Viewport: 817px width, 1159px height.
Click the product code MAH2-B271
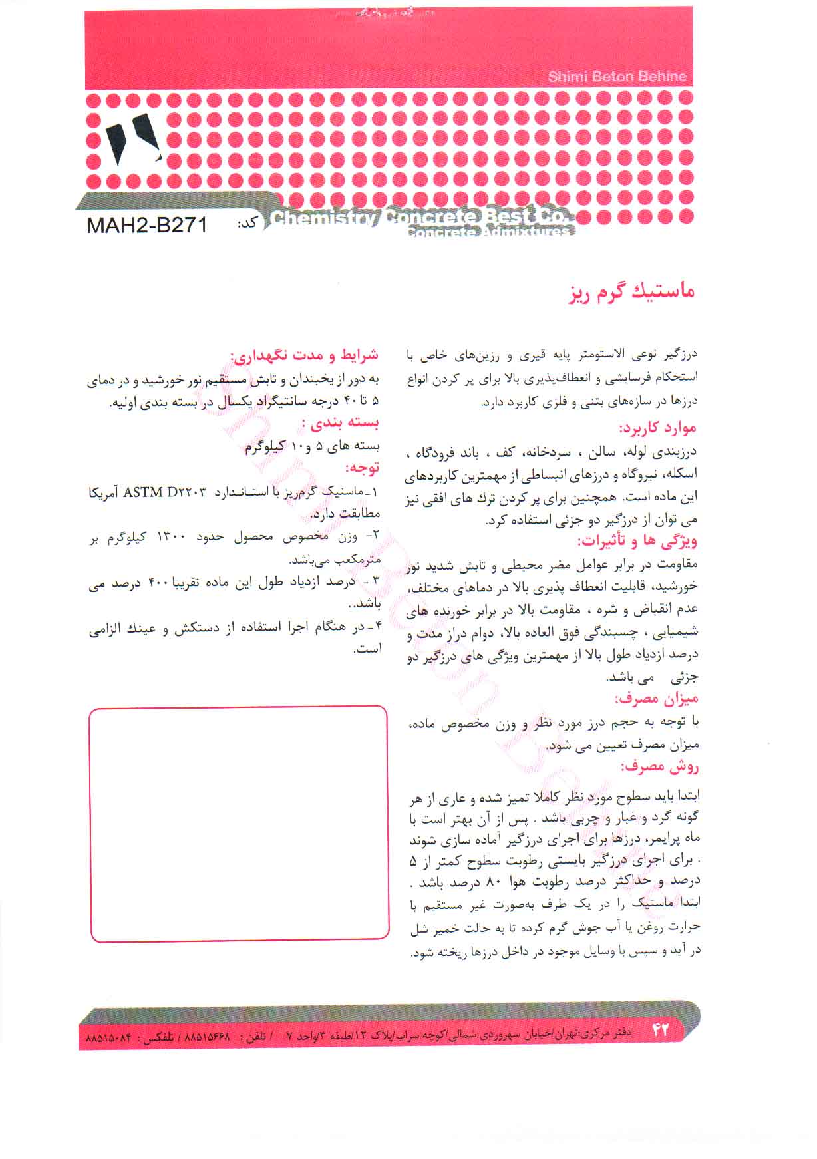click(147, 224)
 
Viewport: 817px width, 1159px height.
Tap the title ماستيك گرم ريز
click(631, 293)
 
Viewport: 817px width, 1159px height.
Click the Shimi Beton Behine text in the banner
click(617, 77)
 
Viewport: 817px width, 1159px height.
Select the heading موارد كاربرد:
click(658, 428)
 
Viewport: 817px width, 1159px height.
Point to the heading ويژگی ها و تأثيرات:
click(637, 541)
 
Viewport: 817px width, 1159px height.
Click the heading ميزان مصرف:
click(656, 698)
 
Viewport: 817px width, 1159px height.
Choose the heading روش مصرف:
click(660, 766)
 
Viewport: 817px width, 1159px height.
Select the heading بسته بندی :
click(340, 423)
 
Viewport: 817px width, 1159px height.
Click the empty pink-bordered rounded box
click(239, 824)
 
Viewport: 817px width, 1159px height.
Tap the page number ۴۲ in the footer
click(659, 1030)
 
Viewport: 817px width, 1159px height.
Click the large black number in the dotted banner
click(132, 140)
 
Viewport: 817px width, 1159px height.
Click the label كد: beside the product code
click(247, 224)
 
